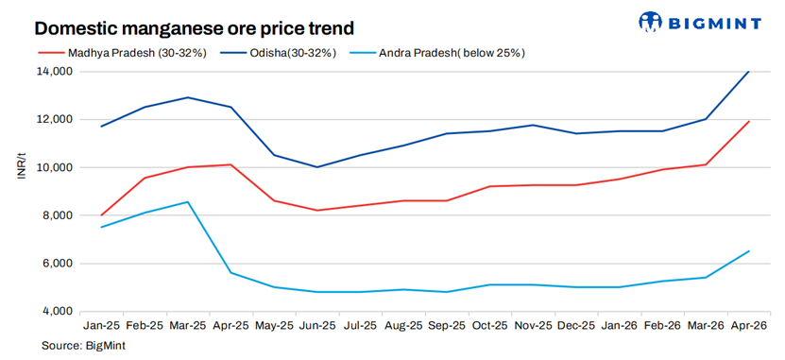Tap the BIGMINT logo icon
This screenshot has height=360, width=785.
653,22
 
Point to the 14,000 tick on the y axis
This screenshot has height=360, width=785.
54,72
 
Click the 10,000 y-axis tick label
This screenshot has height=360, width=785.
54,167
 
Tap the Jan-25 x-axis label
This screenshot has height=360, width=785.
101,325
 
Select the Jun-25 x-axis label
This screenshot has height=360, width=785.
316,325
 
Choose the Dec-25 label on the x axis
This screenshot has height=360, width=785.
575,325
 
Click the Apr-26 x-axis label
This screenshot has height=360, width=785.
748,325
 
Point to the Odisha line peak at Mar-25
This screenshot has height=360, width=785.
187,97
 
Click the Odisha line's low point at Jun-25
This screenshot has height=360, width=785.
316,167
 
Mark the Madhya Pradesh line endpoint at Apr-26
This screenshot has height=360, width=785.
749,121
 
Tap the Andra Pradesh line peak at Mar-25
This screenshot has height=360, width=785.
187,201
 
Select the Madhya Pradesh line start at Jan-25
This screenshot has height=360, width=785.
101,215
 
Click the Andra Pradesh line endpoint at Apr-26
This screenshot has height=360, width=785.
749,251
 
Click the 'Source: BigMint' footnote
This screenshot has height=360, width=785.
83,347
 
